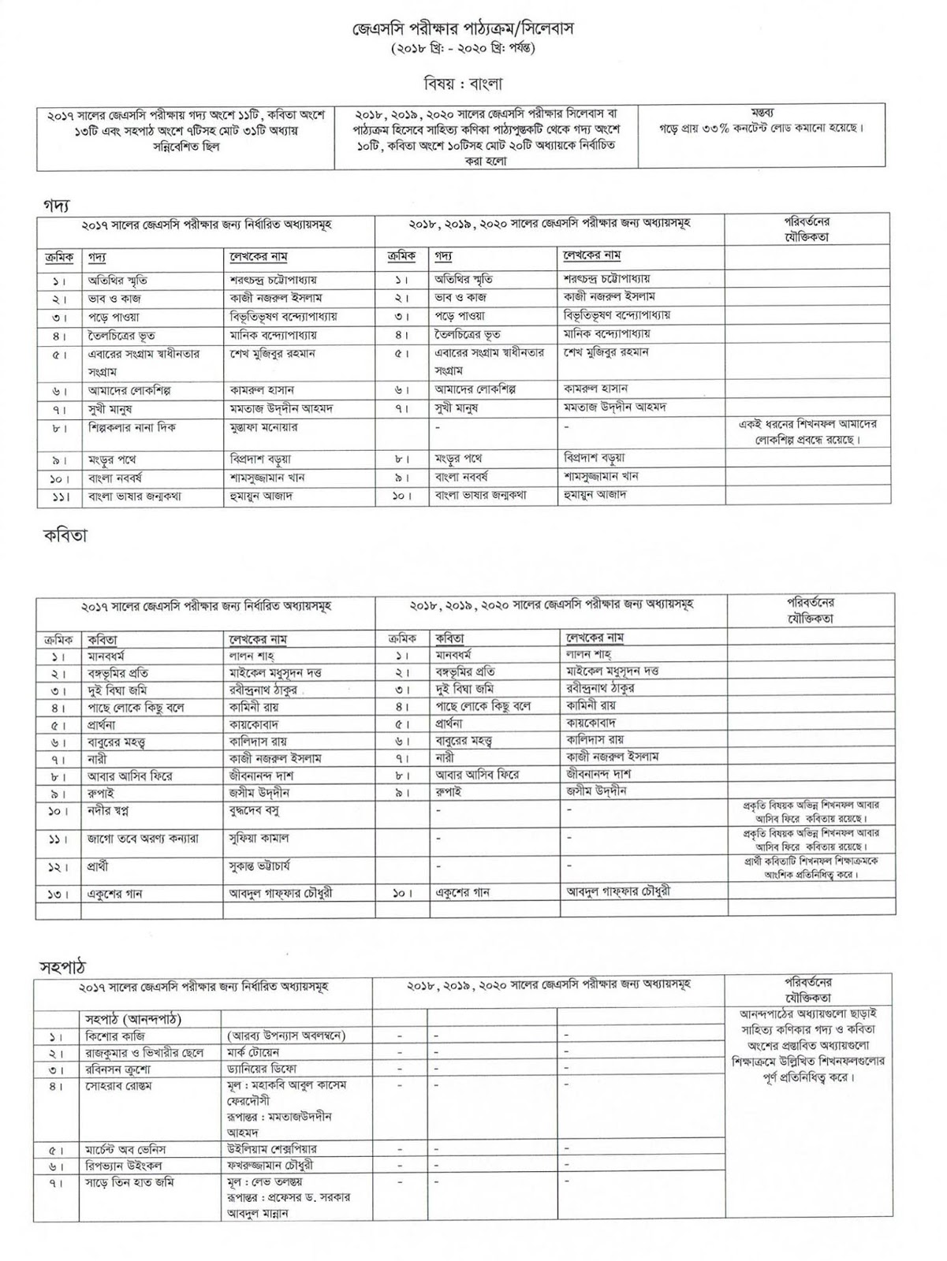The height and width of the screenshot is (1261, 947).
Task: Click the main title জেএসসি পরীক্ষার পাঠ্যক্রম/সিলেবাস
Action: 463,29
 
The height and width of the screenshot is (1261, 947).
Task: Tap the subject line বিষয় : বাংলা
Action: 463,84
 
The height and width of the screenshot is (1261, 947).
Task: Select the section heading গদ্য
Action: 56,203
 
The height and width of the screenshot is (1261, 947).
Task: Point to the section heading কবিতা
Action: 65,535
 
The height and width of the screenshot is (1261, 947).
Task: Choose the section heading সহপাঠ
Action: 62,966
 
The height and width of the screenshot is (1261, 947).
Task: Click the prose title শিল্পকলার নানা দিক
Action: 132,428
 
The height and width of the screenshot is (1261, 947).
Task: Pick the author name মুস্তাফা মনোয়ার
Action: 263,428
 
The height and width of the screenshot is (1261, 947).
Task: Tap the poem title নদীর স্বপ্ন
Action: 109,811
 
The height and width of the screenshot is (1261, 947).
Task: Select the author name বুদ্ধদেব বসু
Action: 254,811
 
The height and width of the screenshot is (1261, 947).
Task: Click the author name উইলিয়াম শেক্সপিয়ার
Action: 271,1150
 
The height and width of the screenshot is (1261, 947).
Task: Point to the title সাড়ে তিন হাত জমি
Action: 129,1183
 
